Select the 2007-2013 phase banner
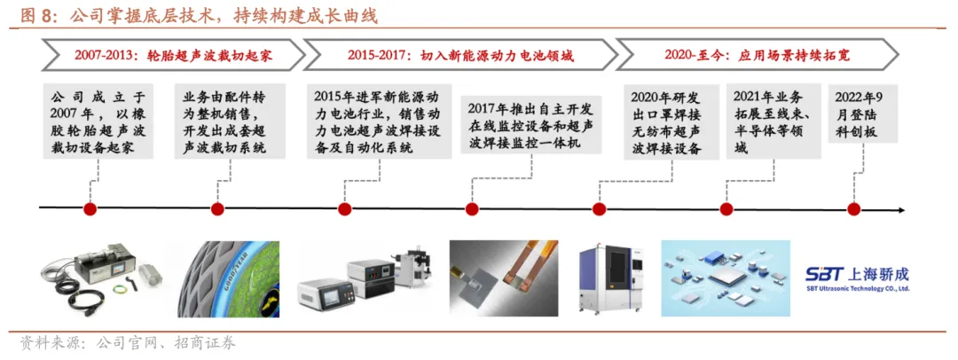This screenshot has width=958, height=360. click(173, 55)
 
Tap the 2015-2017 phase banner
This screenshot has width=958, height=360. click(460, 55)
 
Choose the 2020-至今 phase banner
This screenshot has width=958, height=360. click(757, 55)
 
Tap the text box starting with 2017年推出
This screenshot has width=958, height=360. click(531, 125)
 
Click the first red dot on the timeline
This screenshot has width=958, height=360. click(90, 209)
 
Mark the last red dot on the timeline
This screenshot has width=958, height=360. click(854, 209)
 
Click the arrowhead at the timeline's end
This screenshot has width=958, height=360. click(901, 209)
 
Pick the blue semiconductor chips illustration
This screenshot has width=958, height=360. click(726, 278)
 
